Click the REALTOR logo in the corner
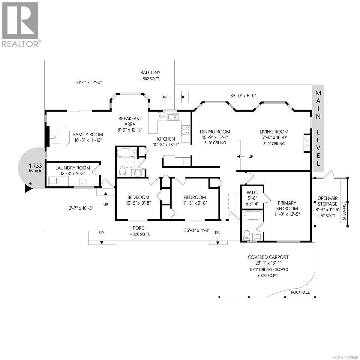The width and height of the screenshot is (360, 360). [x=20, y=24]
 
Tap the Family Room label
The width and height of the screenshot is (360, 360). [x=88, y=135]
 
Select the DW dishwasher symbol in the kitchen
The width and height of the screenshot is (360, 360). [x=162, y=116]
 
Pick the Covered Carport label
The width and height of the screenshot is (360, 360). [x=268, y=257]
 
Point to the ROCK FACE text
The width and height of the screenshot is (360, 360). [x=300, y=292]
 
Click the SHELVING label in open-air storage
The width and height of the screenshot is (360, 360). [x=344, y=211]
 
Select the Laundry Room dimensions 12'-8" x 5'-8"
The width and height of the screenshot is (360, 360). [x=73, y=173]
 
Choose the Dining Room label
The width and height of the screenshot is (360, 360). [x=215, y=131]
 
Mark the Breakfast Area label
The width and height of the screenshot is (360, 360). [x=130, y=121]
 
